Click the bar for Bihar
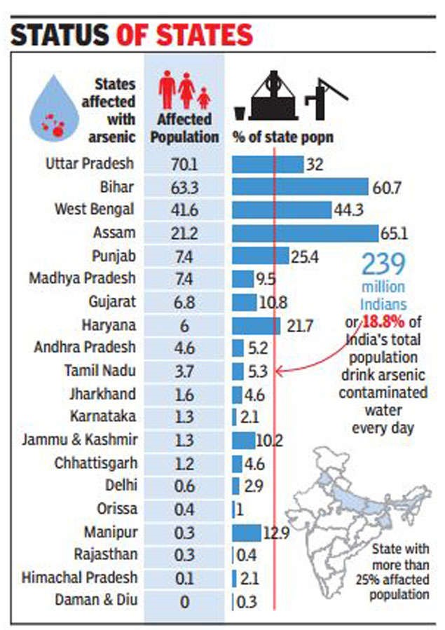(x=300, y=186)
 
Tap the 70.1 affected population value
(x=184, y=164)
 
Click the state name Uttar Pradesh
(x=90, y=164)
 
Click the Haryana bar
(x=256, y=324)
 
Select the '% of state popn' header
(x=282, y=137)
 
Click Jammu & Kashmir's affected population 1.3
(x=184, y=439)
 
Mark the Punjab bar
(x=260, y=255)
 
